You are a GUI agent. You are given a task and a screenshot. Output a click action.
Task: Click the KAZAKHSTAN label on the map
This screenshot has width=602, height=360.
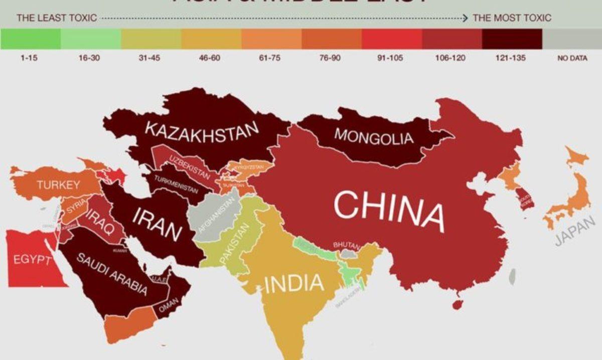[202, 132]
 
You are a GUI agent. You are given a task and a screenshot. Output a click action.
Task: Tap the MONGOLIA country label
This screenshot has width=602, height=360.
[373, 136]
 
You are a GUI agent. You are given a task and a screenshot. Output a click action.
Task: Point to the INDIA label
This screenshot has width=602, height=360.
[294, 283]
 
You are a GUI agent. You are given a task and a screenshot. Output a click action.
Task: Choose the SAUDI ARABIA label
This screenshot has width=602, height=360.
[112, 274]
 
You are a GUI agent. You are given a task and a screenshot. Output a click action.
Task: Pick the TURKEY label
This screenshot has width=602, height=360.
[58, 185]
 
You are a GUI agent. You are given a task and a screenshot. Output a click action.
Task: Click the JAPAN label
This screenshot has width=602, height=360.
[575, 231]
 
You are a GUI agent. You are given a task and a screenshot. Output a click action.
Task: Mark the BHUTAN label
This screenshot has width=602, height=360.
[346, 246]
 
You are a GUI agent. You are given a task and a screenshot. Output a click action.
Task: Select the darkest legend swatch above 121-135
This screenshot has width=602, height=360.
[512, 39]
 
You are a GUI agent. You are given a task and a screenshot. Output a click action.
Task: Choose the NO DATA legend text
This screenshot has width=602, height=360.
[572, 58]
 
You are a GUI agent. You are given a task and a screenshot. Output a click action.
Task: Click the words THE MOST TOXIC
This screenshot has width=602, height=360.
[512, 18]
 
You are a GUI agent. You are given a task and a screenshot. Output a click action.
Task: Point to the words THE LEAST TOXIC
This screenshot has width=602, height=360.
[56, 18]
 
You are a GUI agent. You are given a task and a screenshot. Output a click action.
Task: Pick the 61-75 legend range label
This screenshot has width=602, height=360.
[269, 58]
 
